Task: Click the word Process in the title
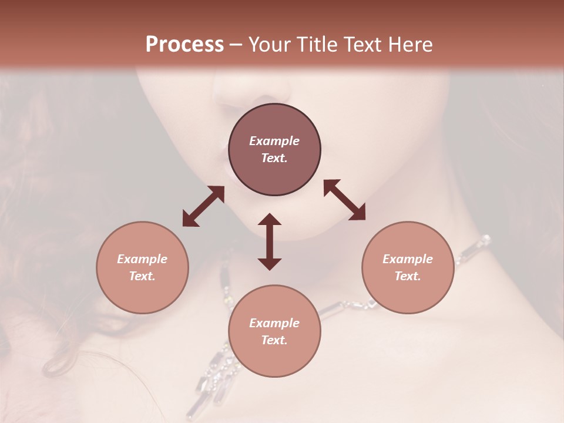[x=184, y=45]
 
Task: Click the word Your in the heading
[x=268, y=45]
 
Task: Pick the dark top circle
[x=274, y=149]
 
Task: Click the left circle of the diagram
[x=142, y=267]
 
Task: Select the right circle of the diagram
[x=408, y=267]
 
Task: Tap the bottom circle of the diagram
[x=274, y=331]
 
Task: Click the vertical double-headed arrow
[x=270, y=241]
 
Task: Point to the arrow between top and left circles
[x=203, y=206]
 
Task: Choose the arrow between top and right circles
[x=344, y=200]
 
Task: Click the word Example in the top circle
[x=274, y=141]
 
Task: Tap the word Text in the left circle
[x=142, y=276]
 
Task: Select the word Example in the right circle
[x=408, y=259]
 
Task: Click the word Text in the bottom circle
[x=274, y=340]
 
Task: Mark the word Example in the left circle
[x=142, y=259]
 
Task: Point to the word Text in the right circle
[x=408, y=276]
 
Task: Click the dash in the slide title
[x=236, y=45]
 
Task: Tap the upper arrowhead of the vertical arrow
[x=270, y=220]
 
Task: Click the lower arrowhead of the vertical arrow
[x=270, y=264]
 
